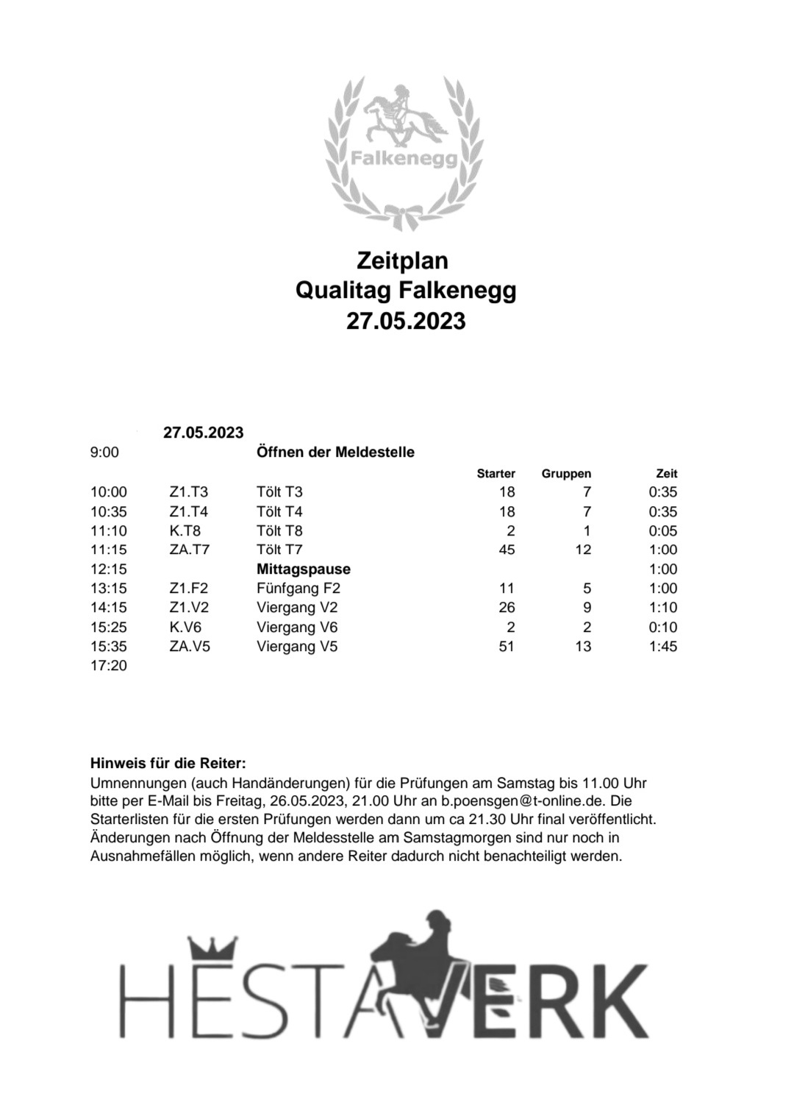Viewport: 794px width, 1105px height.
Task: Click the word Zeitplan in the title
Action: pos(402,261)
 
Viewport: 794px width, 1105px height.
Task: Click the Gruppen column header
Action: pos(566,474)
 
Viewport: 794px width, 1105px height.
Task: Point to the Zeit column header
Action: pos(666,474)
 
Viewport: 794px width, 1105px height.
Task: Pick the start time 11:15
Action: pos(108,550)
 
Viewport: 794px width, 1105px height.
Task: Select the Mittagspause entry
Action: pos(304,569)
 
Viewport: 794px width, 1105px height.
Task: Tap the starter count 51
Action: pos(506,647)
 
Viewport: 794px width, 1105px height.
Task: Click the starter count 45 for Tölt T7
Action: pos(506,550)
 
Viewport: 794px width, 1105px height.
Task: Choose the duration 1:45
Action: pos(663,647)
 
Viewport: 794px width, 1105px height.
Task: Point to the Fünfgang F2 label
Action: pos(298,589)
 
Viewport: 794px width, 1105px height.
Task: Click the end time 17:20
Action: pos(108,666)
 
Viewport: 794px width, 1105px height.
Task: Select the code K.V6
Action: pos(185,628)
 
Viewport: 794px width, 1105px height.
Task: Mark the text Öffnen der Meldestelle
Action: pos(335,452)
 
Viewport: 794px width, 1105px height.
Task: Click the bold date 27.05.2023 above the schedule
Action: pos(203,433)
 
